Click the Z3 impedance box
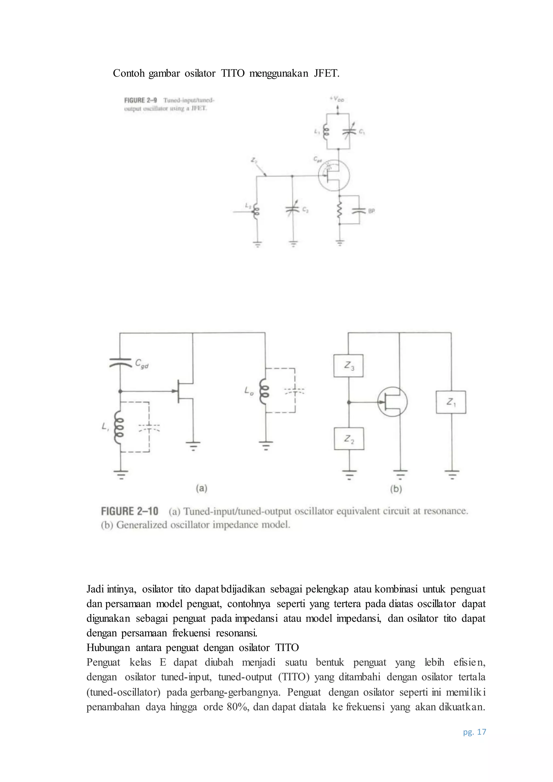coord(348,366)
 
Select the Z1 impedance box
coord(451,402)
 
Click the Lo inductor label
coord(249,392)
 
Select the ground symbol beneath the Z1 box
coord(451,474)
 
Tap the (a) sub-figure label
coord(202,488)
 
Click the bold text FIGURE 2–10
coord(130,511)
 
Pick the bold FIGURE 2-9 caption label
coord(140,100)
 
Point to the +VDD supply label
coord(337,99)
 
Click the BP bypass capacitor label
coord(371,211)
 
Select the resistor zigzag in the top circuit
coord(339,211)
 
